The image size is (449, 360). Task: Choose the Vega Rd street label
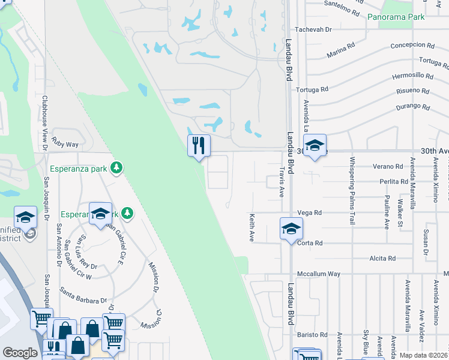310,212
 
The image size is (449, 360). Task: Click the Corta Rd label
310,243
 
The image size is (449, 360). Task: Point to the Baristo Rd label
315,335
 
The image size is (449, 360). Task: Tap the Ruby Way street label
65,144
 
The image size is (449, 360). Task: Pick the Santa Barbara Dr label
83,295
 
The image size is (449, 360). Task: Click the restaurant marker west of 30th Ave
199,146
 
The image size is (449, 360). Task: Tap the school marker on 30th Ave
315,146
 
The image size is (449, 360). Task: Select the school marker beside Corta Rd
291,229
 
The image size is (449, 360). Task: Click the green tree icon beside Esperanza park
119,168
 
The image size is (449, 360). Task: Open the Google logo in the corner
20,353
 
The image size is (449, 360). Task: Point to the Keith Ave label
252,227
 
